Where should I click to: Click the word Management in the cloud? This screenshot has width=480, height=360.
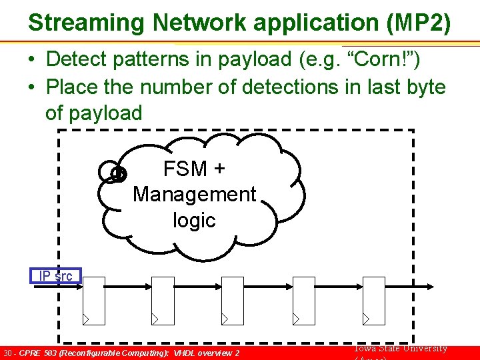[x=194, y=194]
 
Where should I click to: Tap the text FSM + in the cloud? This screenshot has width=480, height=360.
[x=194, y=169]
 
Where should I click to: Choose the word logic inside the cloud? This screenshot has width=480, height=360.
[x=194, y=220]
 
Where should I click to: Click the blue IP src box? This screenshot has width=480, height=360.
[x=55, y=276]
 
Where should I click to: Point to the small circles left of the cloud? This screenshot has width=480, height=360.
[x=113, y=173]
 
